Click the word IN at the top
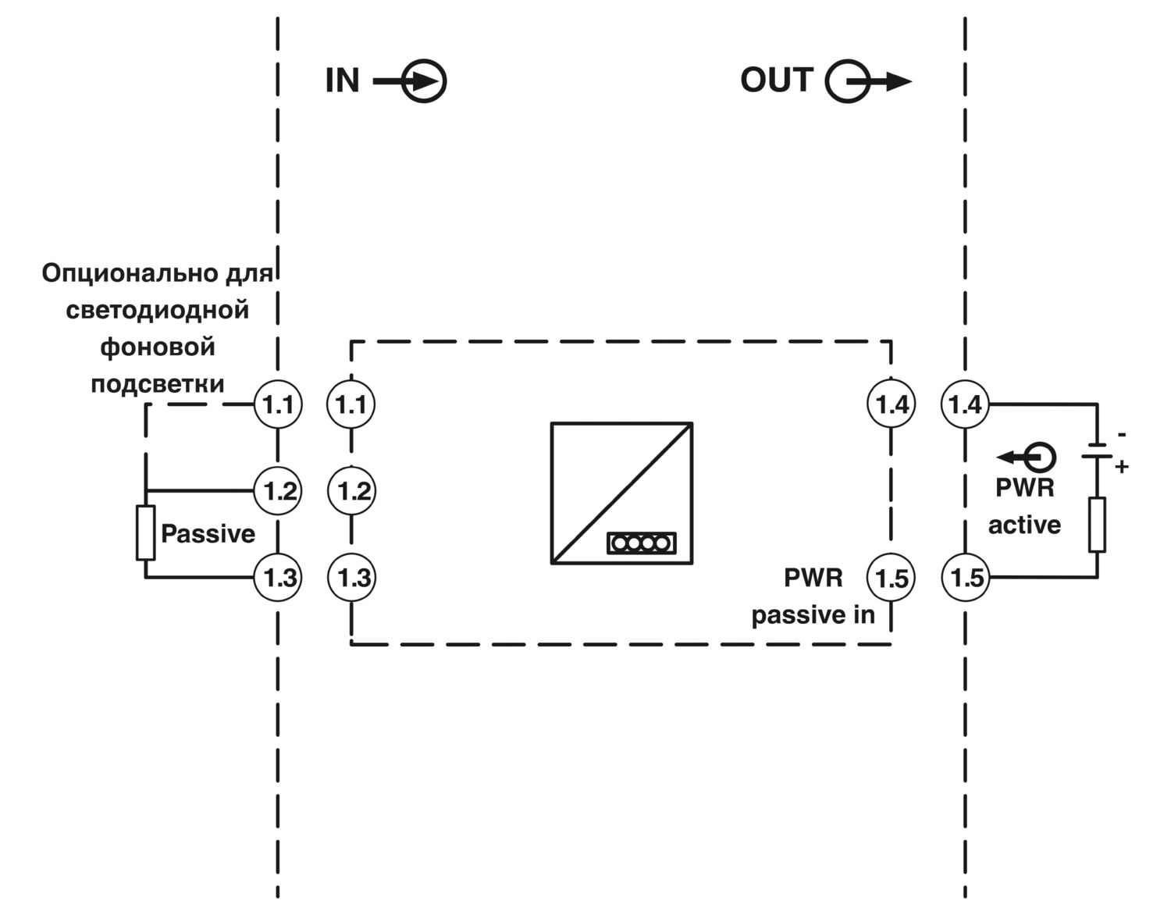[x=342, y=80]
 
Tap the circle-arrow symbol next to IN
[x=411, y=81]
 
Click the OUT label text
[x=777, y=80]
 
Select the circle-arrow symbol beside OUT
[x=868, y=81]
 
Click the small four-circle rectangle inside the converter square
[x=641, y=543]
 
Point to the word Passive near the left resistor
[x=208, y=534]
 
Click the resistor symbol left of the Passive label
[x=145, y=532]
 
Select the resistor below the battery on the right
[x=1097, y=525]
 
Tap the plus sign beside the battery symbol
[x=1121, y=466]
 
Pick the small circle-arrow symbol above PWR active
[x=1026, y=457]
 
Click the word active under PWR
[x=1024, y=525]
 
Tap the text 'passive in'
[x=813, y=615]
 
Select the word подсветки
[x=158, y=384]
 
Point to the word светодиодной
[x=158, y=311]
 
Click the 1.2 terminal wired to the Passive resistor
[x=278, y=490]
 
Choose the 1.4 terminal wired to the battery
[x=965, y=404]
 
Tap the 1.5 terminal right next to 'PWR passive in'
[x=891, y=578]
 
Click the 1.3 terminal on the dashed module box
[x=352, y=578]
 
